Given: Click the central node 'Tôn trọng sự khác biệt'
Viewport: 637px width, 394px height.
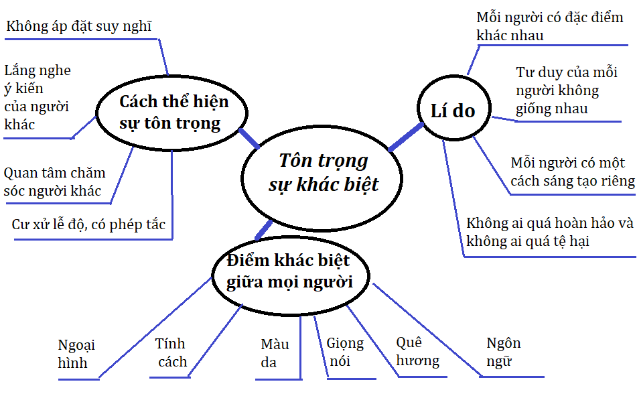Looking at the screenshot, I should point(324,173).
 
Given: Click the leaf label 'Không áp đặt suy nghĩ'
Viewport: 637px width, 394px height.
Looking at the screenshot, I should point(79,27).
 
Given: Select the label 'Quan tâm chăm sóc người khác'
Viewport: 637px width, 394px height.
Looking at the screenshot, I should point(54,182).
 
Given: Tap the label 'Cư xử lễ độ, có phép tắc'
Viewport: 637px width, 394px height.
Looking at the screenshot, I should point(88,224).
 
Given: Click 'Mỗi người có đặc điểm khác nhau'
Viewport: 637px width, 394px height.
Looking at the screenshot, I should point(549,26).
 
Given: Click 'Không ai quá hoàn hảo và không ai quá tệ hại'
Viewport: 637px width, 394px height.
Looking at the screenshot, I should point(549,231).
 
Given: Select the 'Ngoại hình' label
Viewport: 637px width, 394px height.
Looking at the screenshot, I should point(76,354).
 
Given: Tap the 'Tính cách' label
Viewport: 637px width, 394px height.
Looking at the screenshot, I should point(171,352).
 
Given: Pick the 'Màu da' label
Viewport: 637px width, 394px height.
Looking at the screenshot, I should point(275,353).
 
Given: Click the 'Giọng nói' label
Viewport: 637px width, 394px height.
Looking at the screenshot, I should point(345,352).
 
